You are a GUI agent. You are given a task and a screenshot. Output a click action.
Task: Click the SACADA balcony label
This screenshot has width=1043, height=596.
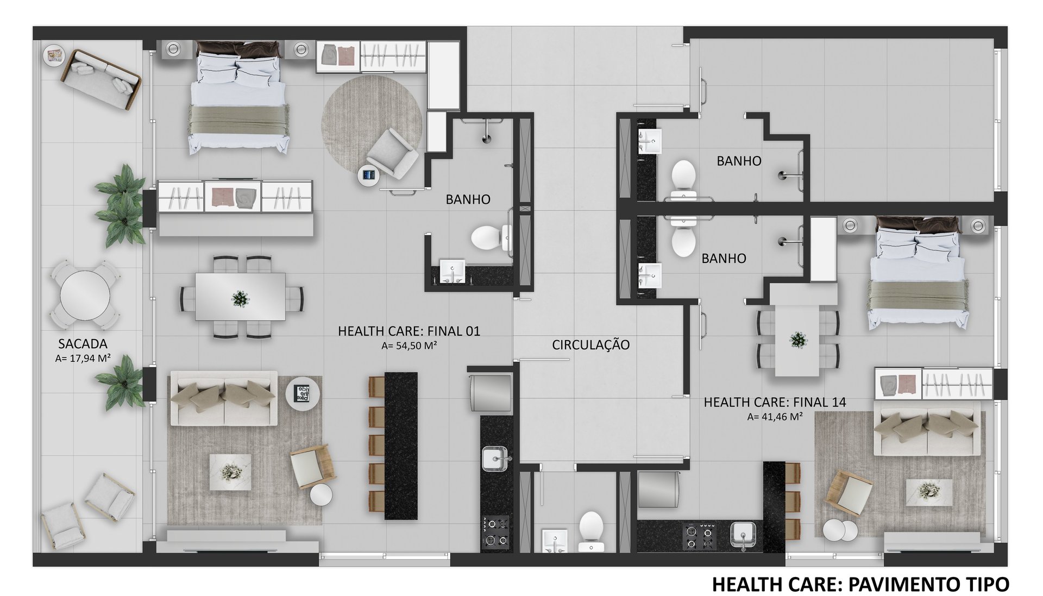coord(83,344)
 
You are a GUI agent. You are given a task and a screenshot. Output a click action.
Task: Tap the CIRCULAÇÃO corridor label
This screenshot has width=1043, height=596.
coord(590,345)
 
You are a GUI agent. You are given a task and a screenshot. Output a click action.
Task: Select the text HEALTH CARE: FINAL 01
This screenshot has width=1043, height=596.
coord(409,331)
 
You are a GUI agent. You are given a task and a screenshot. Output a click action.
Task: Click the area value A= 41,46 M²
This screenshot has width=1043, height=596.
coord(775,417)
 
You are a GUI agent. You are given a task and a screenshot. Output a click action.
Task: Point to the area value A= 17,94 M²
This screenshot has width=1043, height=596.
coord(83,359)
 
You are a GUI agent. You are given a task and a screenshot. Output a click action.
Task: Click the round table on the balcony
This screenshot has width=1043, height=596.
coord(85,296)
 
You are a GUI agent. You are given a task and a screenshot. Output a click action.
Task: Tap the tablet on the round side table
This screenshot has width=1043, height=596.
coord(369,175)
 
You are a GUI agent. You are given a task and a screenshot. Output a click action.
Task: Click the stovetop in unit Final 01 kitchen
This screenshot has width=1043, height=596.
coord(495,531)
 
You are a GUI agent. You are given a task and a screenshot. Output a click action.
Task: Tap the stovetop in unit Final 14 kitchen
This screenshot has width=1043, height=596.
coord(699,536)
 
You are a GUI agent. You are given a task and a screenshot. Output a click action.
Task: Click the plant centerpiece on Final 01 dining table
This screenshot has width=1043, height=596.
coord(240,298)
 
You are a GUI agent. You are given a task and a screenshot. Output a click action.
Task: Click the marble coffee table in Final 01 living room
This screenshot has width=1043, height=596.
coord(230,472)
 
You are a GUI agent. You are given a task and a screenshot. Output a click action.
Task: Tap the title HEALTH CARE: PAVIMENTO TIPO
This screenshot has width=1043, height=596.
coord(860,585)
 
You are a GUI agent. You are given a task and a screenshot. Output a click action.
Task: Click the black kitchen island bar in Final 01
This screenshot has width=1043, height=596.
coord(401,446)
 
